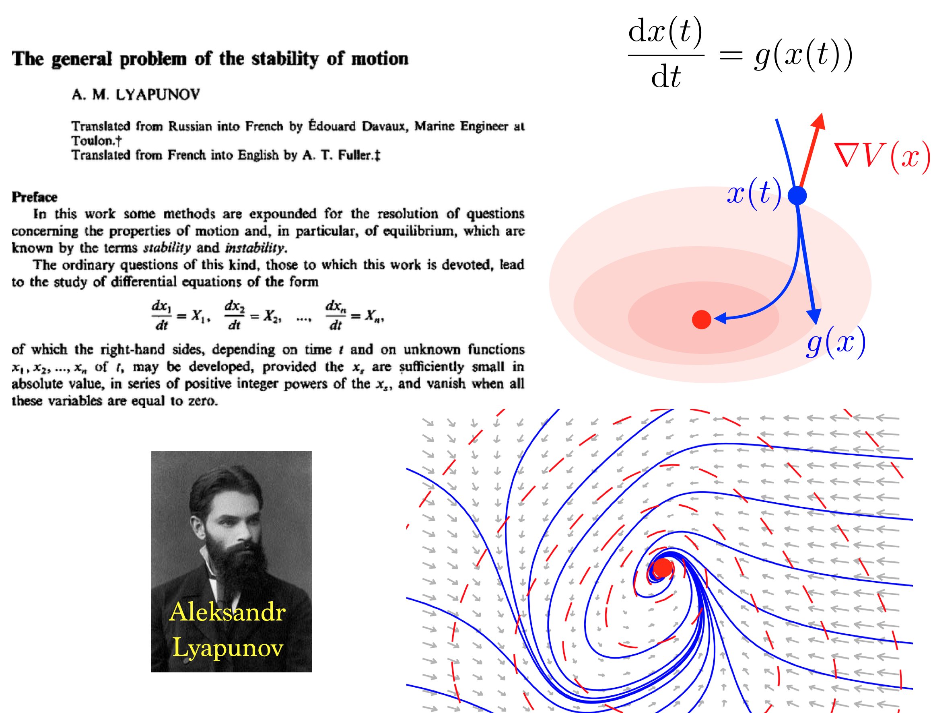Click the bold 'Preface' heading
34,197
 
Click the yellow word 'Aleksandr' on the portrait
227,612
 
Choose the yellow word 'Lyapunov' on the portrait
228,649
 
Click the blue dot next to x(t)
797,196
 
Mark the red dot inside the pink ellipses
701,320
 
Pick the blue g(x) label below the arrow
836,343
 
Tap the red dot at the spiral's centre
663,567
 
